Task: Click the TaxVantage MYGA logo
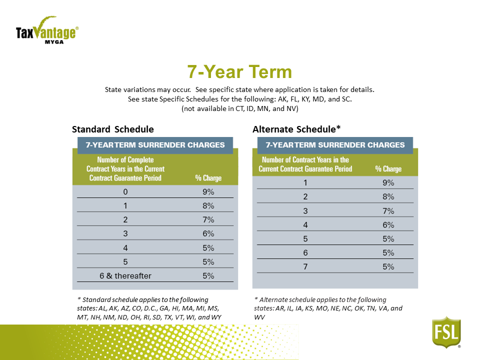(x=47, y=30)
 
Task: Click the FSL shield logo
(x=446, y=332)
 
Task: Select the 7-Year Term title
(x=239, y=71)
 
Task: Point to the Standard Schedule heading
(x=112, y=129)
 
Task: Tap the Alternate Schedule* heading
(x=296, y=129)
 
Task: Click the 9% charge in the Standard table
(x=208, y=192)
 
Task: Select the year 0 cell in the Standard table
(x=125, y=192)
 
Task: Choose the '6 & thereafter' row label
(x=125, y=276)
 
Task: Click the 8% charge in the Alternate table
(x=388, y=196)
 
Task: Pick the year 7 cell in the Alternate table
(x=305, y=266)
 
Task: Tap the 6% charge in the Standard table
(x=208, y=233)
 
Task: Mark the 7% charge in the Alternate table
(x=388, y=211)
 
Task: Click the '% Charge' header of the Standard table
(x=208, y=178)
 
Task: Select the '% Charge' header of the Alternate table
(x=388, y=169)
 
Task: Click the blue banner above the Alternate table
(x=335, y=145)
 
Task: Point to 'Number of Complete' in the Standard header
(x=125, y=160)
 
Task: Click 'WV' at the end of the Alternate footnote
(x=259, y=317)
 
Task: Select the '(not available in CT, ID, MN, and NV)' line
(x=239, y=108)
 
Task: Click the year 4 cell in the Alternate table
(x=305, y=225)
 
